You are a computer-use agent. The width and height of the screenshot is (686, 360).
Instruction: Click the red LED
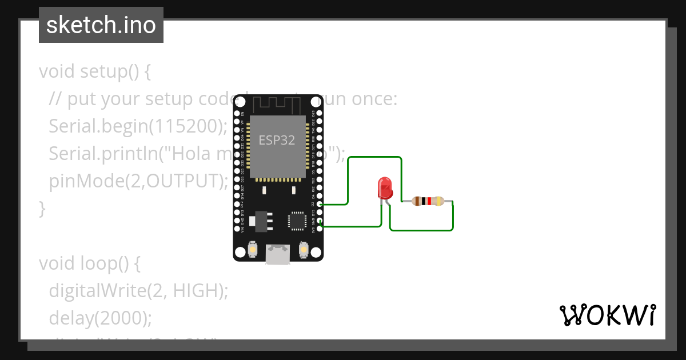[385, 187]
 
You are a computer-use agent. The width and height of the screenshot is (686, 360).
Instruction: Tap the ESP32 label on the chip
[277, 141]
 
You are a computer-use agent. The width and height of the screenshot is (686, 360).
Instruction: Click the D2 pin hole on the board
[320, 204]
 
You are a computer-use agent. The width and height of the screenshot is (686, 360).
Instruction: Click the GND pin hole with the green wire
[320, 221]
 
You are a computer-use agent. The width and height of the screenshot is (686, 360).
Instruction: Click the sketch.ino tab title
[101, 25]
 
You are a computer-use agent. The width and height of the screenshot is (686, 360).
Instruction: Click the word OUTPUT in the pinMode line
[181, 181]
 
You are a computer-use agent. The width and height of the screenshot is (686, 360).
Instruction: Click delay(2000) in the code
[100, 318]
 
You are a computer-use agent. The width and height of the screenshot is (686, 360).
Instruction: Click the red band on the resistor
[429, 201]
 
